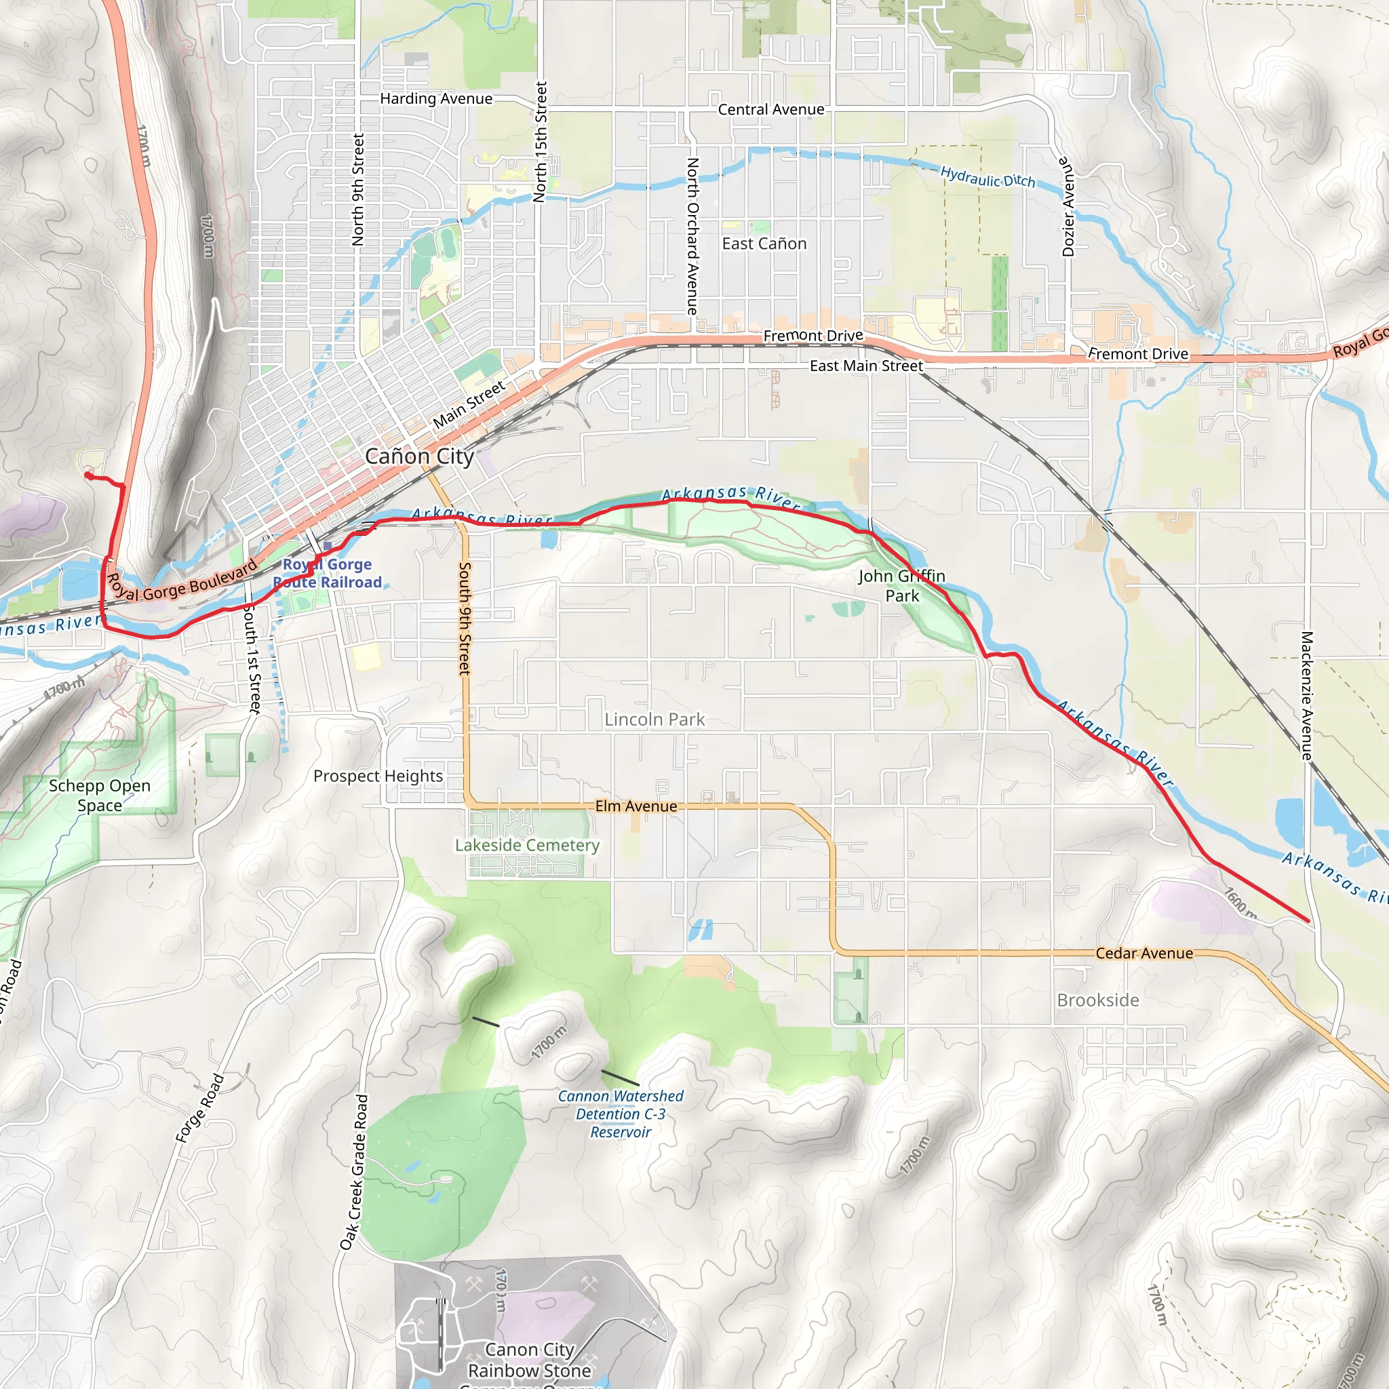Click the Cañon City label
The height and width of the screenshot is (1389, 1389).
click(419, 456)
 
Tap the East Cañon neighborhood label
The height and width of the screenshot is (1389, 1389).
click(764, 243)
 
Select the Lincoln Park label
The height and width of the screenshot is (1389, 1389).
click(654, 719)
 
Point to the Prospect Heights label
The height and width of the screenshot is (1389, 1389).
click(378, 776)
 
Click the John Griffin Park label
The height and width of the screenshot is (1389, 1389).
click(901, 585)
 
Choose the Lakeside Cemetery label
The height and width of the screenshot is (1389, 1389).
click(527, 846)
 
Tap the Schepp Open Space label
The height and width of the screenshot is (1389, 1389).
click(100, 795)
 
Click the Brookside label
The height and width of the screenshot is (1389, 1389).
click(1098, 1000)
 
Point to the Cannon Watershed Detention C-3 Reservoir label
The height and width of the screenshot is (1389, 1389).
click(621, 1114)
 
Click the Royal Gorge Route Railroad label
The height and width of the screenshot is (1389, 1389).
click(327, 573)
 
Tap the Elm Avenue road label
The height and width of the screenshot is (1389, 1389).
click(636, 806)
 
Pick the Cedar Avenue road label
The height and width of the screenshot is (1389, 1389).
click(1144, 954)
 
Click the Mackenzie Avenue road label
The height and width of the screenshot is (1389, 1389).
click(1307, 695)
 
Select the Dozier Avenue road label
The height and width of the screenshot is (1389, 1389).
click(1068, 207)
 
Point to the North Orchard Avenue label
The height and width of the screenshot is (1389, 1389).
click(692, 236)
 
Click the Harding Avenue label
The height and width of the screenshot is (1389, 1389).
click(436, 98)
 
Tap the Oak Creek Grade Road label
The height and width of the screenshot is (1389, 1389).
click(355, 1172)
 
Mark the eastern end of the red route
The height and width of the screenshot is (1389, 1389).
click(1308, 920)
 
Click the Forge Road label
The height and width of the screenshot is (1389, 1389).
click(201, 1108)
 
